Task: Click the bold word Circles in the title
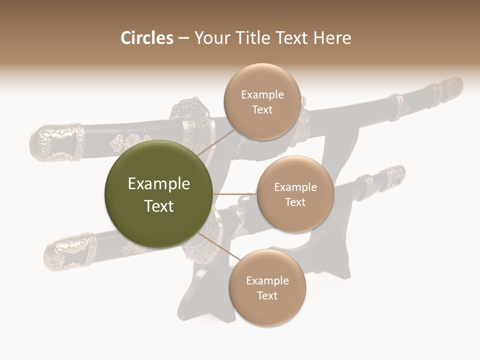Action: point(146,38)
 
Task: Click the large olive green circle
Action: point(158,194)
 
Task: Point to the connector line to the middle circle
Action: point(234,194)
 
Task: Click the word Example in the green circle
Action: point(158,184)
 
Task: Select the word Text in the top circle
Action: point(262,109)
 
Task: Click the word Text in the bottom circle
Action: point(267,295)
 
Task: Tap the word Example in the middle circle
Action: point(295,187)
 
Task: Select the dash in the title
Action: point(183,38)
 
